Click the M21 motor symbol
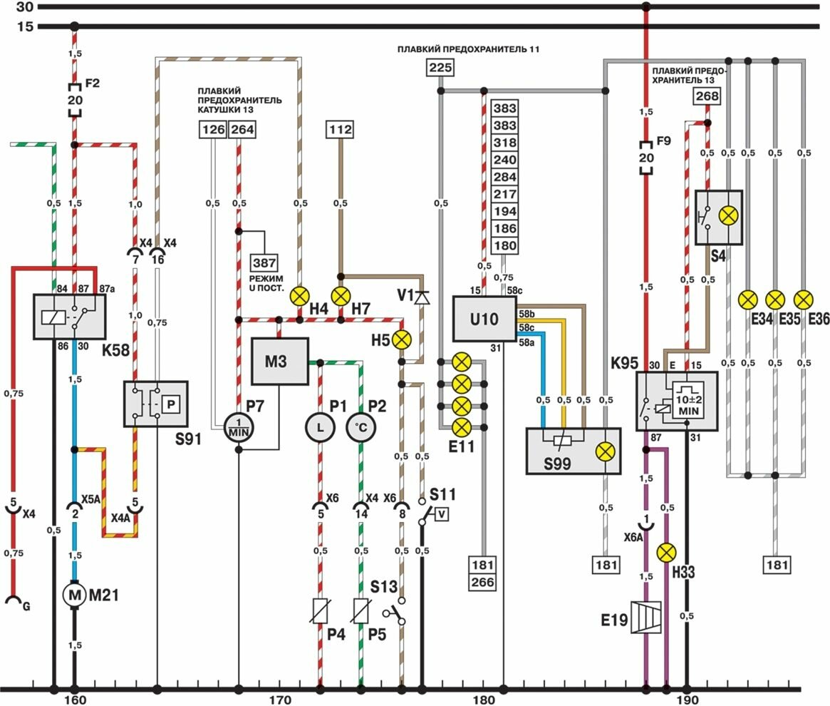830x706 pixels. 74,593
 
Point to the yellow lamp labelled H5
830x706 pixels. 403,339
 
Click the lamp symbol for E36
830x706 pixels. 803,298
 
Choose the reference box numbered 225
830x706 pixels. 440,68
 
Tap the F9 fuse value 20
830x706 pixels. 645,158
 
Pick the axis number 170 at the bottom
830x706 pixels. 279,700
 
